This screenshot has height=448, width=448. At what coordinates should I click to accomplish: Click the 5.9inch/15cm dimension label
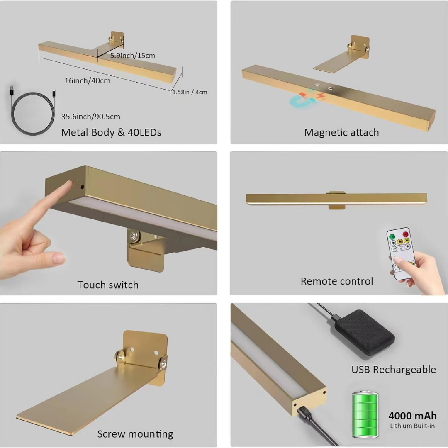[133, 56]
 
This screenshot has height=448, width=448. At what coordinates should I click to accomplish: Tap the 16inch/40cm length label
[88, 81]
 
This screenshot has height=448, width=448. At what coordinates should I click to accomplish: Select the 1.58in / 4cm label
[190, 92]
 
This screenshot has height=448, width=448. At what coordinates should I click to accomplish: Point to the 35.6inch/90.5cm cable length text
[90, 117]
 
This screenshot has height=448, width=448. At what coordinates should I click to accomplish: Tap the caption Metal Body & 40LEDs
[111, 132]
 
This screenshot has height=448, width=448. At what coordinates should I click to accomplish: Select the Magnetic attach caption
[341, 132]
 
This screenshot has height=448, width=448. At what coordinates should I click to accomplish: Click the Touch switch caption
[108, 285]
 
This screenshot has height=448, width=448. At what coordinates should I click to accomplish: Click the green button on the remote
[392, 236]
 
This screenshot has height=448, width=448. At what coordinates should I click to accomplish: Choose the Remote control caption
[337, 281]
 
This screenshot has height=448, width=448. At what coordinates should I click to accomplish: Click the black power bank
[363, 332]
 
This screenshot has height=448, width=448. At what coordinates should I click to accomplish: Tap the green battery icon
[365, 414]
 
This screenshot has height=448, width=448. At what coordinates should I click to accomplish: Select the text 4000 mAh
[413, 416]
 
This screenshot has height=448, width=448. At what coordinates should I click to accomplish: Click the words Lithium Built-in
[412, 426]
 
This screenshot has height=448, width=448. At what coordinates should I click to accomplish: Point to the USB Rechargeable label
[394, 370]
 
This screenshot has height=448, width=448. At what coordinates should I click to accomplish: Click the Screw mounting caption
[135, 434]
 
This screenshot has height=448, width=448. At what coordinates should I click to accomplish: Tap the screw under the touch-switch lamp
[134, 236]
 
